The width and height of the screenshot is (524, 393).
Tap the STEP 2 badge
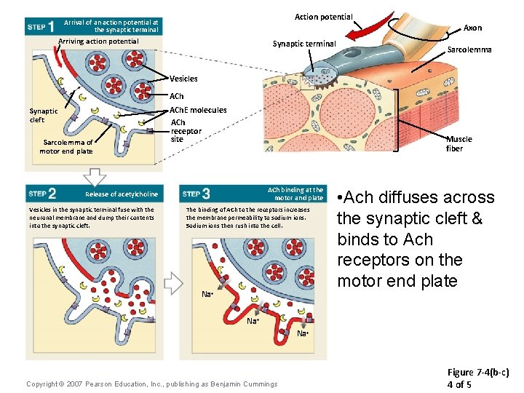click(x=42, y=194)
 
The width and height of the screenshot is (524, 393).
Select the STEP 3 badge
click(x=196, y=194)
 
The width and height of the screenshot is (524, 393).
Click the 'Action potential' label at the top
click(x=323, y=17)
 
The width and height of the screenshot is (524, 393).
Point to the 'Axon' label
click(x=472, y=28)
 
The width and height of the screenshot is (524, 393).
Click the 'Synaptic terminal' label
click(x=304, y=44)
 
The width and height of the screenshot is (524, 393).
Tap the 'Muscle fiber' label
click(x=459, y=143)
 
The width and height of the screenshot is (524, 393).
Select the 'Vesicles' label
click(x=183, y=79)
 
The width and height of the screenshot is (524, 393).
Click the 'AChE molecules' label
click(x=198, y=110)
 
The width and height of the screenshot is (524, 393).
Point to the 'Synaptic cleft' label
click(x=44, y=116)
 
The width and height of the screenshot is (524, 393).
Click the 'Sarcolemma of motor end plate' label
click(x=66, y=147)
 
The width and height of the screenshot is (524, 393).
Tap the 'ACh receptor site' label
click(x=185, y=130)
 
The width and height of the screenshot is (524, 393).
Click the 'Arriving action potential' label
click(x=98, y=41)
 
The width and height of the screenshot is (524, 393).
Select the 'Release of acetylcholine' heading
click(x=121, y=194)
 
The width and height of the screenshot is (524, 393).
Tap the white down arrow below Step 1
click(x=95, y=175)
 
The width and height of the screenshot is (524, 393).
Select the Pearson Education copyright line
click(x=151, y=384)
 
